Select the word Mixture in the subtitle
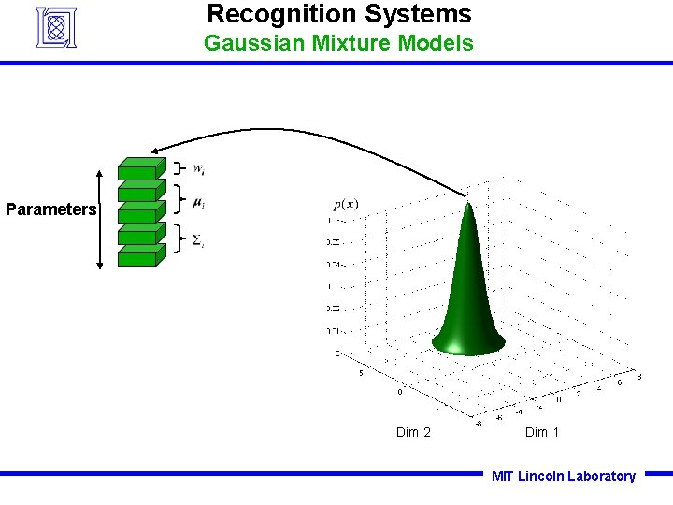click(348, 43)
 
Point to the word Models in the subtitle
click(437, 43)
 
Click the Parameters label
click(50, 209)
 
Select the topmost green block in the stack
click(138, 168)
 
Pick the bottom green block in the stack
click(138, 255)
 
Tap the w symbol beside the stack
click(199, 169)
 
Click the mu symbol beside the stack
click(198, 202)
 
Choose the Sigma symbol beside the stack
click(197, 241)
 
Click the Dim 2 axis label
click(413, 432)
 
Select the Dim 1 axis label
click(542, 432)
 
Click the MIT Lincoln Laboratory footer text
click(564, 476)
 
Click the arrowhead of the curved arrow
click(157, 151)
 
